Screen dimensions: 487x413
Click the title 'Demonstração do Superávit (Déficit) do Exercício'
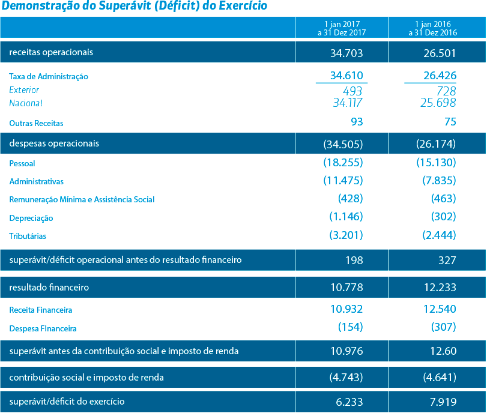[x=134, y=6]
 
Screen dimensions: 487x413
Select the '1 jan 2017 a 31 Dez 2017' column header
[x=342, y=28]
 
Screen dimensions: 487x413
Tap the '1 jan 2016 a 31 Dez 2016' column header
[x=432, y=28]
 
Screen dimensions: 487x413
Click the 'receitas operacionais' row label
[x=51, y=52]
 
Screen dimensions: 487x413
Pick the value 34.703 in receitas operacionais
[x=346, y=53]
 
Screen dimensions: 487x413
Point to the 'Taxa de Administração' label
[x=49, y=76]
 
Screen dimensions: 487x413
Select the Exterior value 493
[x=352, y=91]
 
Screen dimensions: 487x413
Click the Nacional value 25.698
[x=438, y=103]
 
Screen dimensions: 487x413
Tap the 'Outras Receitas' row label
[x=36, y=123]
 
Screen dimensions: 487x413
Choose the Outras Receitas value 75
[x=450, y=122]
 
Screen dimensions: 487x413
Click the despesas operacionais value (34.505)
[x=343, y=144]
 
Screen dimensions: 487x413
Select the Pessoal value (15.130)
[x=436, y=163]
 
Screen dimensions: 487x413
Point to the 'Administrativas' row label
[x=37, y=181]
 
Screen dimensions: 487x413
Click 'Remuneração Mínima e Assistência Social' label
[x=82, y=199]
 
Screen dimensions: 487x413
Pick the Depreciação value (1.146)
[x=346, y=217]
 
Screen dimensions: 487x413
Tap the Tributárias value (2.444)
[x=439, y=235]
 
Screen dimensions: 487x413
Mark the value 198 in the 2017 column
[x=354, y=260]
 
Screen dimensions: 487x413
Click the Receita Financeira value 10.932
[x=346, y=309]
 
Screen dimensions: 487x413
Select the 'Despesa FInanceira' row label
[x=43, y=328]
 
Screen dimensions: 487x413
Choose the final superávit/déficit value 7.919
[x=443, y=402]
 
